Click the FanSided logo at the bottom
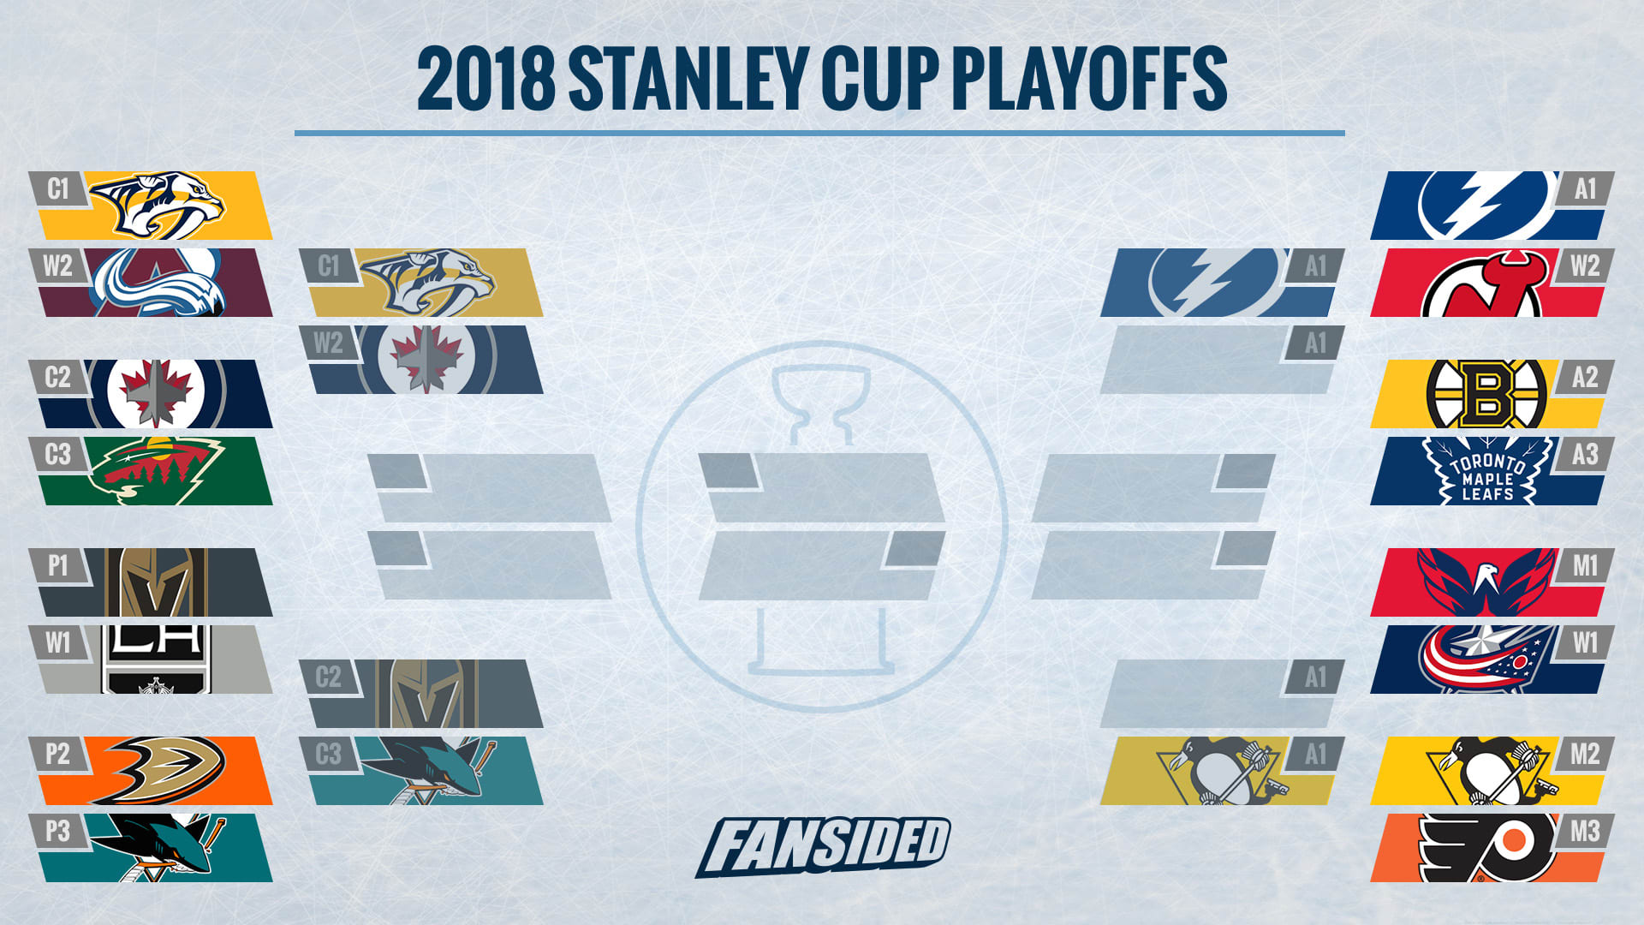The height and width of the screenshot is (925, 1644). pyautogui.click(x=822, y=846)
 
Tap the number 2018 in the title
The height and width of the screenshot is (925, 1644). pyautogui.click(x=485, y=79)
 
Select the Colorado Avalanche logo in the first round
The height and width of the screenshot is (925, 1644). pyautogui.click(x=158, y=283)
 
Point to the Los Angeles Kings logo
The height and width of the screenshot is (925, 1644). pyautogui.click(x=157, y=659)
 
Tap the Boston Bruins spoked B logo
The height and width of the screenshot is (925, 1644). pyautogui.click(x=1486, y=394)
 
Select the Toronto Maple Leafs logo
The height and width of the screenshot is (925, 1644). pyautogui.click(x=1488, y=470)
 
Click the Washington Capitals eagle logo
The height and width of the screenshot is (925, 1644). pyautogui.click(x=1486, y=582)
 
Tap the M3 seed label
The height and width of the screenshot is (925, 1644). pyautogui.click(x=1585, y=831)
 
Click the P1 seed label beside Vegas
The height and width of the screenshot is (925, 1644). pyautogui.click(x=57, y=565)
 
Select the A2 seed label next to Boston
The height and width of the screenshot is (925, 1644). pyautogui.click(x=1585, y=377)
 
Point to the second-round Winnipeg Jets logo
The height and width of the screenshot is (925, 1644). pyautogui.click(x=426, y=359)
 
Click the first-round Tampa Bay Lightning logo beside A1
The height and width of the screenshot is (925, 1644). pyautogui.click(x=1486, y=205)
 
